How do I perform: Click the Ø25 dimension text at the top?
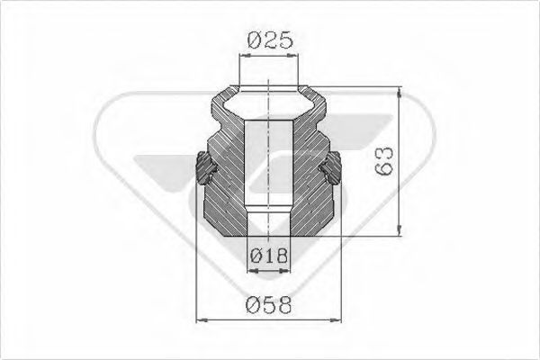point(270,40)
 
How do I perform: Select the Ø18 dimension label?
point(270,256)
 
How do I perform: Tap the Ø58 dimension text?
point(270,304)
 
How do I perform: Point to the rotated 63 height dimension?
point(382,163)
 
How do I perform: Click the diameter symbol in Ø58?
point(253,304)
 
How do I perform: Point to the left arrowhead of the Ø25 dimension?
point(243,56)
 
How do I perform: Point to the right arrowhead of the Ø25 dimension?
point(296,56)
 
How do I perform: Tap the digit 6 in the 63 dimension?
point(382,170)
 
